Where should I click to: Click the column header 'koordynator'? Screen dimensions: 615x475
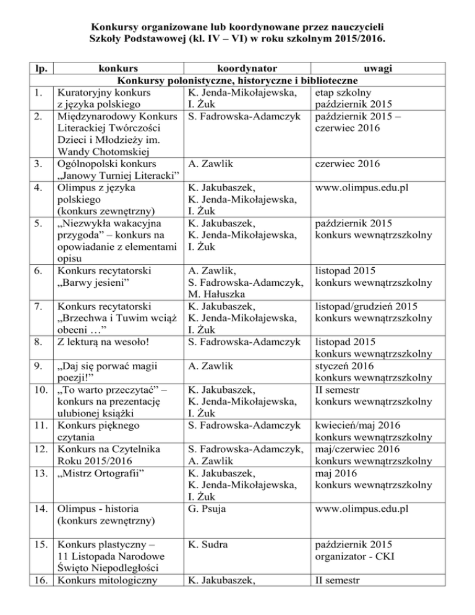pos(238,67)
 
